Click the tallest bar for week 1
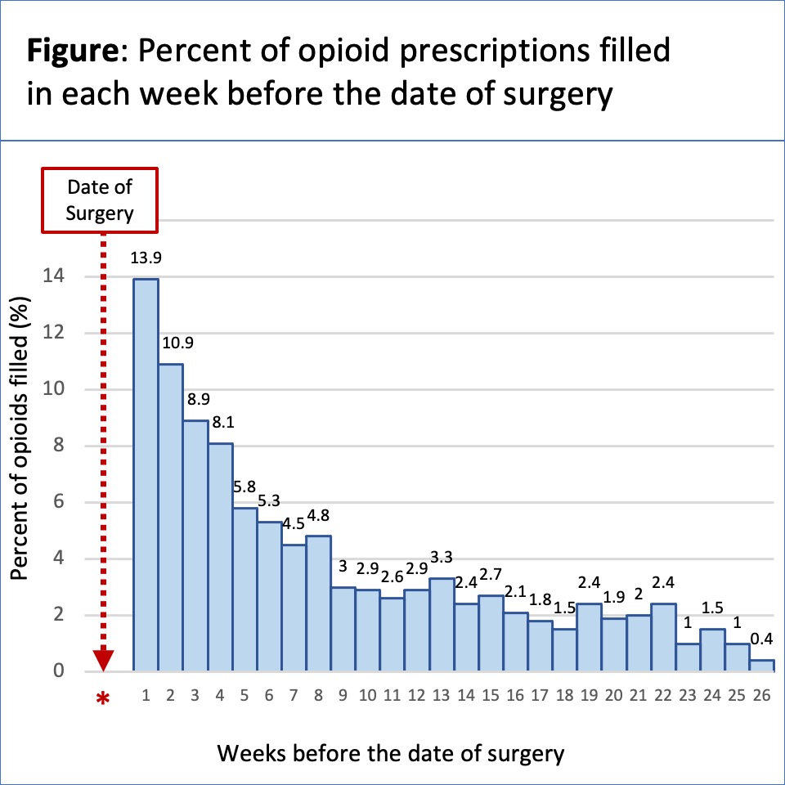click(146, 474)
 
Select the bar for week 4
click(220, 556)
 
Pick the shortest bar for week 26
click(761, 666)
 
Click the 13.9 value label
click(146, 258)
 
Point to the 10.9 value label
click(172, 343)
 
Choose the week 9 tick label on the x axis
click(343, 696)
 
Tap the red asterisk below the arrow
click(103, 699)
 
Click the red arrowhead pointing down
click(103, 660)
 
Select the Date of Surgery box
click(100, 199)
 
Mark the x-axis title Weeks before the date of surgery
click(390, 752)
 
